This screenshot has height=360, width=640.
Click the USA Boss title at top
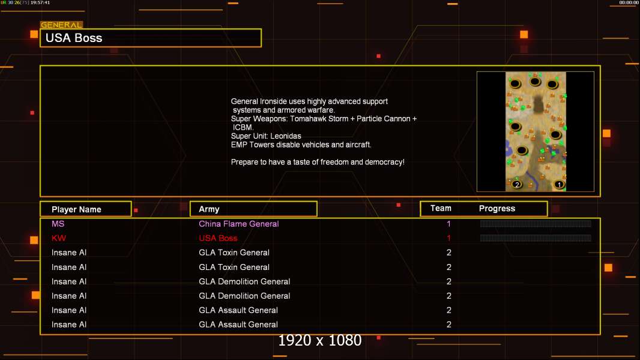tap(74, 38)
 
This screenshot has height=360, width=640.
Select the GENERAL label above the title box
tap(61, 25)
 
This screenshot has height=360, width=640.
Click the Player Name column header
tap(76, 209)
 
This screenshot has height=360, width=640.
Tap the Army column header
tap(209, 209)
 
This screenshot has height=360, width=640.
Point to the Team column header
tap(441, 208)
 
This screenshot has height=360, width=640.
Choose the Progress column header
tap(497, 209)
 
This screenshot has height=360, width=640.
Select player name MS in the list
tap(58, 224)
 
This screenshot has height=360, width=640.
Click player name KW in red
tap(59, 238)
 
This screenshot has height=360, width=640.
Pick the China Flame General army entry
tap(239, 224)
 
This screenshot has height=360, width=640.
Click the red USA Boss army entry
tap(218, 238)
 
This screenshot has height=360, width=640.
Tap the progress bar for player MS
tap(536, 224)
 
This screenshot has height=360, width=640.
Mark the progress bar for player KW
tap(536, 238)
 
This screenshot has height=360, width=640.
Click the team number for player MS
tap(448, 224)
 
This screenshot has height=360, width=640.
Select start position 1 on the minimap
tap(560, 185)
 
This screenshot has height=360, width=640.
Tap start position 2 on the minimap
tap(517, 185)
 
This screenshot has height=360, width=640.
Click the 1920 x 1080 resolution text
tap(320, 341)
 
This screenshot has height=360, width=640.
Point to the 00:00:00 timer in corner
tap(629, 3)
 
